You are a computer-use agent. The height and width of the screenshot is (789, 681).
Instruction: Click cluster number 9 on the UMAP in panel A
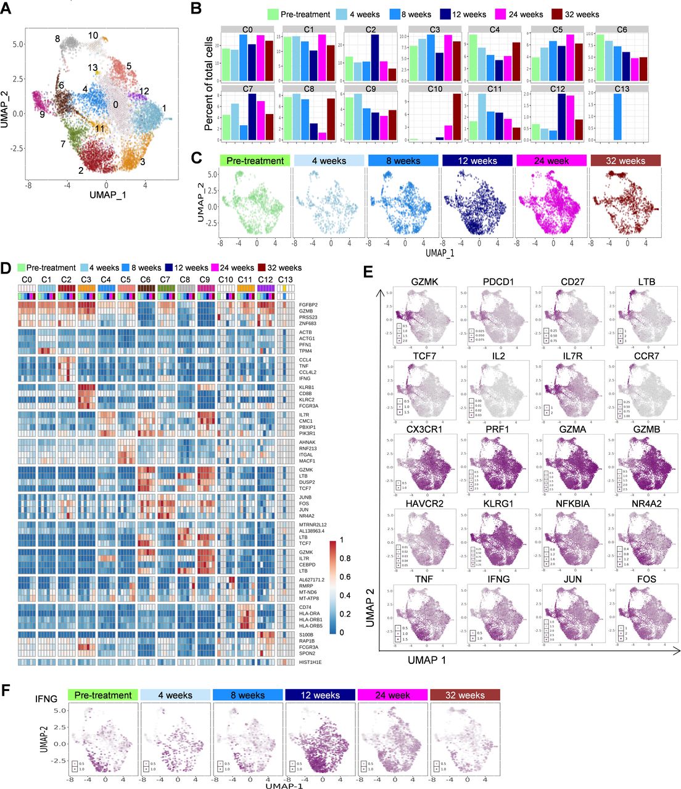(x=42, y=113)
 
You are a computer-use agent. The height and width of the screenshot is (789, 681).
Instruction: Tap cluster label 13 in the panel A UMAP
(x=93, y=68)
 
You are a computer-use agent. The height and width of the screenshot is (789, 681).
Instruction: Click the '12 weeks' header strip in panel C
(x=477, y=161)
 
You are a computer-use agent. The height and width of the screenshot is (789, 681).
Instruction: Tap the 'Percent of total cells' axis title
(x=208, y=83)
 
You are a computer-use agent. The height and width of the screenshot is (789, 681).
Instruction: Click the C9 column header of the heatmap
(x=205, y=280)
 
